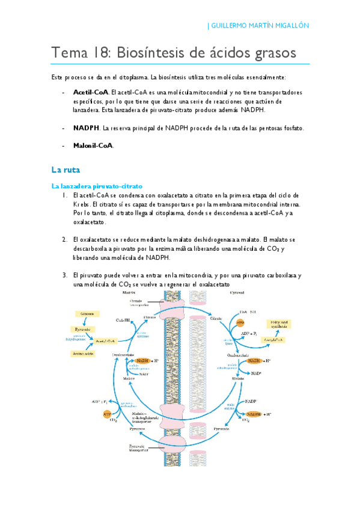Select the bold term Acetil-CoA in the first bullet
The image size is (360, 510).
pos(90,93)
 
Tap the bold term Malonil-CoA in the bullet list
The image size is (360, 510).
pos(93,145)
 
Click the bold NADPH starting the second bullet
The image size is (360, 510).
pos(86,128)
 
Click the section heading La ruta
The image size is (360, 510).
pos(62,170)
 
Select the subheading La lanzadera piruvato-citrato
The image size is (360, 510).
pos(96,186)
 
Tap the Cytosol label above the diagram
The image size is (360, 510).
pos(221,292)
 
